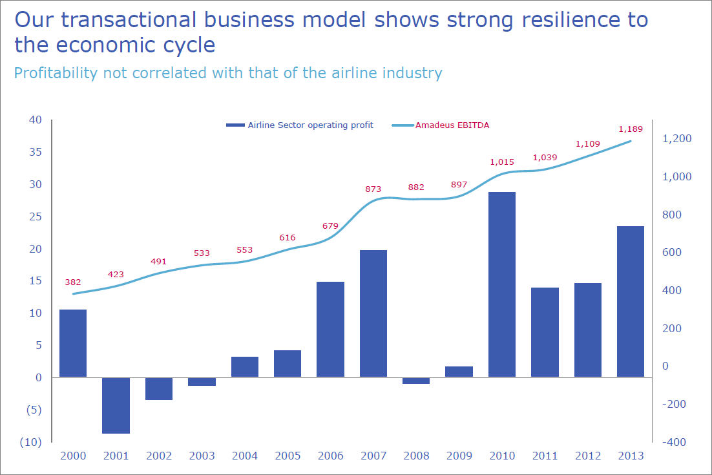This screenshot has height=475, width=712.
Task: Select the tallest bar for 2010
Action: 502,284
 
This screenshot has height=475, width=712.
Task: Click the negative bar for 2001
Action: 116,405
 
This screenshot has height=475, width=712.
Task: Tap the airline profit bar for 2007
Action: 373,313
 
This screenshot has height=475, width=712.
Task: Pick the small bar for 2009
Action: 459,372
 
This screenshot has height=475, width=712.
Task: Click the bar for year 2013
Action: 631,301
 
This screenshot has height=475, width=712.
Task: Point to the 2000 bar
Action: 73,343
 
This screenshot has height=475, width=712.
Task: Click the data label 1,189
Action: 631,128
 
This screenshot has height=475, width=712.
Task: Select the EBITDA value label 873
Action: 373,189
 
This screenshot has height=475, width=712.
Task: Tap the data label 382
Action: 73,282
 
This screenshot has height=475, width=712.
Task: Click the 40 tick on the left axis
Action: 35,120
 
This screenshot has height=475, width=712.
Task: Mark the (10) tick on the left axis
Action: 32,442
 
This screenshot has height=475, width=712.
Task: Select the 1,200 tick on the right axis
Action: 677,139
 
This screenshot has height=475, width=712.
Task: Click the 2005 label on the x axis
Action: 288,456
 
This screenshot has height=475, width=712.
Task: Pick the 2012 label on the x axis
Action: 588,456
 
